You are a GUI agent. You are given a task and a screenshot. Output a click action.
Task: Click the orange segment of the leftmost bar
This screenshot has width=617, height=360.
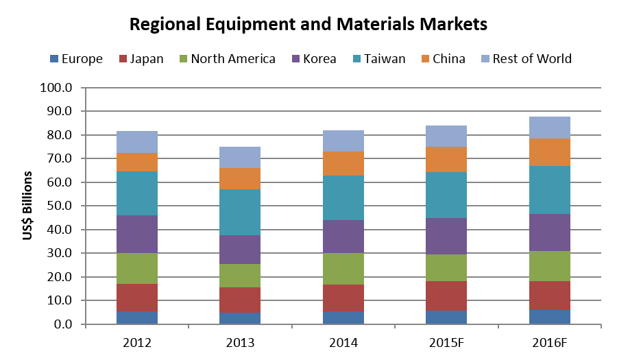coord(137,162)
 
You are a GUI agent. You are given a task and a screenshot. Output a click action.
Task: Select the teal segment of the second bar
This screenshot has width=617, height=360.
coord(240,212)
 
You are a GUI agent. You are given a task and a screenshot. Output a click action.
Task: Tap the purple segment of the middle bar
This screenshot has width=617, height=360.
coord(343,237)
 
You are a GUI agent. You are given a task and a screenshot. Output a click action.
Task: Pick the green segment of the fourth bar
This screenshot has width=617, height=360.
coord(446,267)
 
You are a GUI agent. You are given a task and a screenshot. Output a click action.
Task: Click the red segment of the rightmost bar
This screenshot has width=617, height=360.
coord(550,295)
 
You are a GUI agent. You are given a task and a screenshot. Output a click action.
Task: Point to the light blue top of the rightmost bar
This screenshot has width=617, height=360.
coord(550,128)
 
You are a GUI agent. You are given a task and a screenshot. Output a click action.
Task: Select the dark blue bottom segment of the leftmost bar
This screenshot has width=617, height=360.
coord(137,317)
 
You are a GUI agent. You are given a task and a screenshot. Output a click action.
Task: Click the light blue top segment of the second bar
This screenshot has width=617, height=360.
coord(240,157)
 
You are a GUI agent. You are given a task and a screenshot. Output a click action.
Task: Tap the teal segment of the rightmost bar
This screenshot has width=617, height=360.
coord(550,189)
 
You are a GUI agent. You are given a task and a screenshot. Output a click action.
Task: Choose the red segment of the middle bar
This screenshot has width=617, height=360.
coord(343,298)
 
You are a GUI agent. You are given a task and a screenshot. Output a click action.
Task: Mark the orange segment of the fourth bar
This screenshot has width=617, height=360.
coord(446,159)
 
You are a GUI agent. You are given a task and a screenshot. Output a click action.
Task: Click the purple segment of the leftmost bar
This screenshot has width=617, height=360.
coord(137,234)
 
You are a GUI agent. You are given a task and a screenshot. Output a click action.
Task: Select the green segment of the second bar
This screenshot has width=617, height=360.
coord(240,276)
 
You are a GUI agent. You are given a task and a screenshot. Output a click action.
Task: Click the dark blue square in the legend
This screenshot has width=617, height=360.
coord(54,59)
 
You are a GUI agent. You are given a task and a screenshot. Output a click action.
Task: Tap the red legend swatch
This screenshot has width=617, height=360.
coord(123,59)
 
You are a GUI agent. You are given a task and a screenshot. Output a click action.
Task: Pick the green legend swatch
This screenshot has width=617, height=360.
coord(184,59)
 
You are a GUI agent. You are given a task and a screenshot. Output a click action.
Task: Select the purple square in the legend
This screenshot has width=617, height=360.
coord(296,59)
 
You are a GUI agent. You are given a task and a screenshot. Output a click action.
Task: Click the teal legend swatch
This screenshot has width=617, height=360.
coord(357,59)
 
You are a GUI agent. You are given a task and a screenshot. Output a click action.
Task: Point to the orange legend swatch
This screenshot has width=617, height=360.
coord(426,59)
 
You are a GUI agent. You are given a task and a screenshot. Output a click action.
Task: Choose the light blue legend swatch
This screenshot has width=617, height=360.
coord(485,59)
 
